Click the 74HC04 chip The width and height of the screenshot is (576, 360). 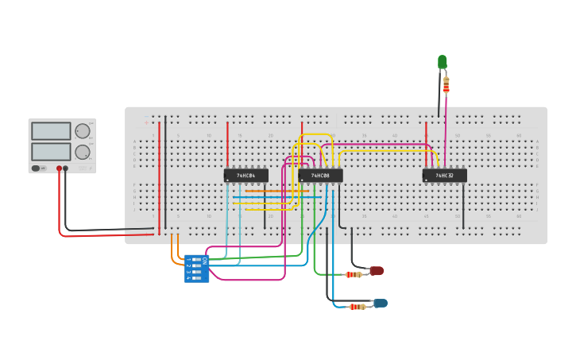click(245, 176)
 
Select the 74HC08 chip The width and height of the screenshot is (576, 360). click(320, 176)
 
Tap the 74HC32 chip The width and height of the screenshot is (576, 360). click(444, 176)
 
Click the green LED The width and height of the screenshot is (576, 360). click(443, 62)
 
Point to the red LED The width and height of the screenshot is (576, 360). click(377, 271)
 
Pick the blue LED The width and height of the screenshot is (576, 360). click(381, 303)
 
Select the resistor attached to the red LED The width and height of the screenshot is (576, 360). click(354, 274)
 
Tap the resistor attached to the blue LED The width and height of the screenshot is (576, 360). click(358, 306)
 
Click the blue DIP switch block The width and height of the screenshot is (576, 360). click(195, 269)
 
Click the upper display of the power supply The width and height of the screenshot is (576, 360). click(51, 131)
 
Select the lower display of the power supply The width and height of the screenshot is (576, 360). click(51, 151)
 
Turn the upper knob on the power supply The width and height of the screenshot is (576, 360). click(83, 131)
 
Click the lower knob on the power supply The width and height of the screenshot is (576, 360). click(83, 152)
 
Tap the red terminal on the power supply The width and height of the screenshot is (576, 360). click(59, 168)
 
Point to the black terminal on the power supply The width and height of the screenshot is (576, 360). click(66, 168)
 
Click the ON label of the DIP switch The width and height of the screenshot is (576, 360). click(204, 261)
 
